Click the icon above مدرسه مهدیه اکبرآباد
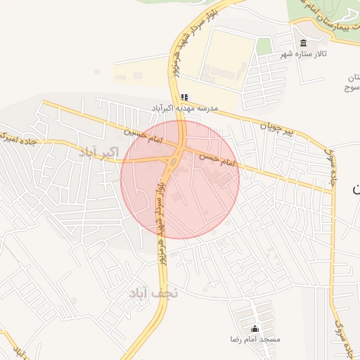184,97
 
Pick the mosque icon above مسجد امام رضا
255,328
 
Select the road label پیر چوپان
266,127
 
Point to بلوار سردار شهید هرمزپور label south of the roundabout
161,208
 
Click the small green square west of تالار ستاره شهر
264,46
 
